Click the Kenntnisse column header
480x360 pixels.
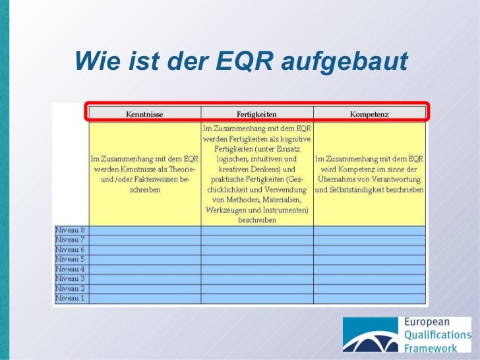tap(144, 114)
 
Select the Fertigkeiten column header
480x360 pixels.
tap(256, 114)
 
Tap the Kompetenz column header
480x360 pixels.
tap(369, 114)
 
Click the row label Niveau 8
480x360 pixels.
tap(71, 230)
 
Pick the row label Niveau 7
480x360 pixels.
tap(71, 240)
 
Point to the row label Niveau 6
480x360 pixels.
tap(71, 250)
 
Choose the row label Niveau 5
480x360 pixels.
tap(71, 259)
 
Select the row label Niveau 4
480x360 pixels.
tap(71, 269)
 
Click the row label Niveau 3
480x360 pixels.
tap(71, 279)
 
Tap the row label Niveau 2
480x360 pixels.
tap(71, 289)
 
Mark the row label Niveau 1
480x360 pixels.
tap(71, 298)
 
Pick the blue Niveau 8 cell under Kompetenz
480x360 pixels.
tap(369, 230)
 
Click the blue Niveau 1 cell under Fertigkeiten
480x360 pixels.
tap(256, 298)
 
